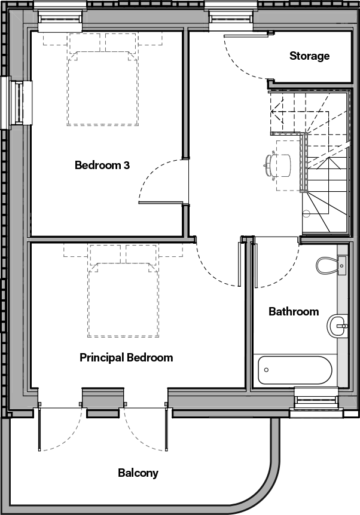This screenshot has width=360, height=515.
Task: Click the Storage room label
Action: [309, 56]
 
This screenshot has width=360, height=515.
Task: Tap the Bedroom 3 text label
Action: [102, 165]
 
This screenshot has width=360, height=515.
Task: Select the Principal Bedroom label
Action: [126, 357]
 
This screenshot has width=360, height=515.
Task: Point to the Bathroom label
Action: [293, 311]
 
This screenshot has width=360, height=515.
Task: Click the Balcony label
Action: [138, 473]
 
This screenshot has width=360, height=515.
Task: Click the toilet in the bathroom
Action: [330, 265]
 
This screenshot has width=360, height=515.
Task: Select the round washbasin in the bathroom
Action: [337, 326]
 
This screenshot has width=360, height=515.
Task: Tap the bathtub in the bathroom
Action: [294, 371]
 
